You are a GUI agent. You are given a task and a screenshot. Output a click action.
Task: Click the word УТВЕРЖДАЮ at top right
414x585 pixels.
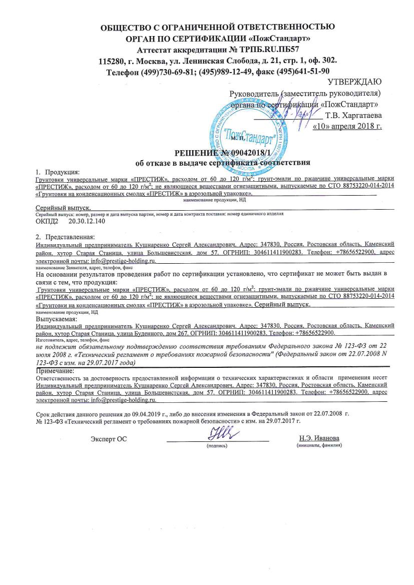tap(354, 82)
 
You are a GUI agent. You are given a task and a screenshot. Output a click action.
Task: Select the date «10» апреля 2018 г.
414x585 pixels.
tap(347, 126)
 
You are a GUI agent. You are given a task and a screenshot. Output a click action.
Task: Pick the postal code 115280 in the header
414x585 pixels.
tap(113, 61)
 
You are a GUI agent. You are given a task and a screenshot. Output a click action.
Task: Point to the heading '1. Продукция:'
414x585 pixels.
tap(57, 172)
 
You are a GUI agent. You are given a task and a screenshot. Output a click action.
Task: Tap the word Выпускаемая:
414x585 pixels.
tap(56, 318)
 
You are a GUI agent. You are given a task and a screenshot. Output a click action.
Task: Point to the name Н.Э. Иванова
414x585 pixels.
tap(319, 438)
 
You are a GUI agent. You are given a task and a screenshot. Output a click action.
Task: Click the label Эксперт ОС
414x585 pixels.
tap(109, 439)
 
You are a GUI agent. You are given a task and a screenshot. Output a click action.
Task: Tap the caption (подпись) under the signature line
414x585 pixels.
tap(217, 445)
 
